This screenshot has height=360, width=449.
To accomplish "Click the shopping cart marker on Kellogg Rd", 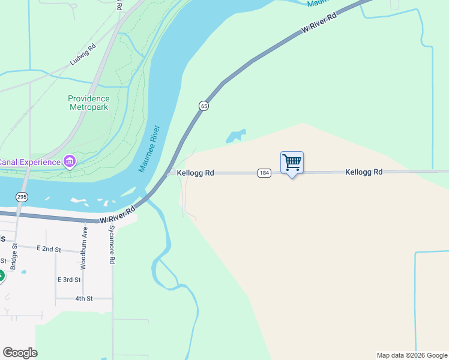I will tap(292, 163).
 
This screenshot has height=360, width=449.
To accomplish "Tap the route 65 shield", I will tap(204, 106).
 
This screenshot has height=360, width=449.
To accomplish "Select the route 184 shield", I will tap(264, 173).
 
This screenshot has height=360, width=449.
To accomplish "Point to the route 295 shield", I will tap(22, 197).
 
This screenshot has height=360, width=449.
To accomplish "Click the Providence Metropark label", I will tap(88, 103).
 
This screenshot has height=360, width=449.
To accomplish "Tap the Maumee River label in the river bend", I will tap(151, 148).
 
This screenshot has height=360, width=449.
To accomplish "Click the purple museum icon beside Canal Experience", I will tap(70, 161).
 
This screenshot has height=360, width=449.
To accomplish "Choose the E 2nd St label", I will tap(49, 248).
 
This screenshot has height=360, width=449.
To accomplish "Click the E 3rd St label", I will tap(68, 280).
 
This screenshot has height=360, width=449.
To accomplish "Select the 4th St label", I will tap(84, 298).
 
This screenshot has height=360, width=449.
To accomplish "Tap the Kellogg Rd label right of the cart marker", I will tap(364, 172).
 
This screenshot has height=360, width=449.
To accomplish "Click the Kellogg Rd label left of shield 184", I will tap(196, 173).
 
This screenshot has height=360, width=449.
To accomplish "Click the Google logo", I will tap(20, 352).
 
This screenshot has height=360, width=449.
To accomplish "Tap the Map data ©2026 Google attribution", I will tap(411, 355).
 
